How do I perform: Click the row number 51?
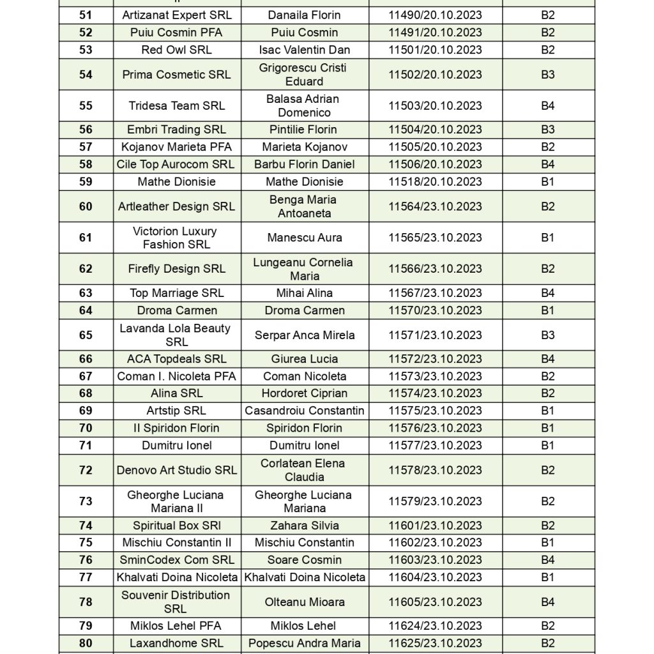pos(86,15)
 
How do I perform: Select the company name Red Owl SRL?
pos(176,50)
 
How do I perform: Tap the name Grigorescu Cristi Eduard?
pos(304,74)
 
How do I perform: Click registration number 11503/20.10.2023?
pos(435,106)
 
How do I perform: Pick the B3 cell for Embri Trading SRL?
pos(547,130)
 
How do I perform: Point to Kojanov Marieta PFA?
pos(176,147)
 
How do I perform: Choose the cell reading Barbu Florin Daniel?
pos(304,164)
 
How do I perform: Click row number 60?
pos(86,206)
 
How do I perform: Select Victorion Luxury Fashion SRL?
pos(176,238)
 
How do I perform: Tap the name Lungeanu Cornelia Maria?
pos(304,269)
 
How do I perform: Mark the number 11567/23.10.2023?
pos(435,293)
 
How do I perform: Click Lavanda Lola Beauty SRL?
pos(176,335)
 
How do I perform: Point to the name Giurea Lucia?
pos(304,359)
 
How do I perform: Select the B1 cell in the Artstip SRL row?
pos(547,411)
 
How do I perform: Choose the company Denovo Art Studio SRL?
pos(176,470)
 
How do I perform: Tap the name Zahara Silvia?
pos(304,526)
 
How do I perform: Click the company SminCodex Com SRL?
pos(176,560)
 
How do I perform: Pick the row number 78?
pos(86,602)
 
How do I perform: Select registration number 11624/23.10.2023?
pos(435,626)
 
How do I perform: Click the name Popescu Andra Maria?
pos(304,643)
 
